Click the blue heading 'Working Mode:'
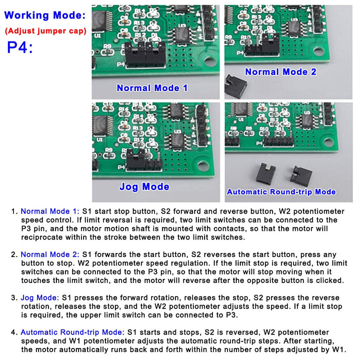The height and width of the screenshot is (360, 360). pyautogui.click(x=45, y=15)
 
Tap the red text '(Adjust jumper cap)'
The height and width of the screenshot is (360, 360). pyautogui.click(x=45, y=31)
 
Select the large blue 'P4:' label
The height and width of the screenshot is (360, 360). pyautogui.click(x=20, y=48)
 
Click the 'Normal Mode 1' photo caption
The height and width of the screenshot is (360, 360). pyautogui.click(x=152, y=88)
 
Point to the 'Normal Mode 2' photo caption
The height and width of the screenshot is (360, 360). pyautogui.click(x=280, y=72)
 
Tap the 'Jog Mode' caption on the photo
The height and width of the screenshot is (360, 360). pyautogui.click(x=144, y=187)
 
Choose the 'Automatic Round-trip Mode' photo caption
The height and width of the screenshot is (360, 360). pyautogui.click(x=281, y=192)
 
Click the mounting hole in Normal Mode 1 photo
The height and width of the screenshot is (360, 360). pyautogui.click(x=210, y=63)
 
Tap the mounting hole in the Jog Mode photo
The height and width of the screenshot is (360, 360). pyautogui.click(x=203, y=165)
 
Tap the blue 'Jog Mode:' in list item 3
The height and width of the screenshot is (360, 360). pyautogui.click(x=39, y=297)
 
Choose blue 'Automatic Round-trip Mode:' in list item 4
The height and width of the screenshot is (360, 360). pyautogui.click(x=72, y=332)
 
